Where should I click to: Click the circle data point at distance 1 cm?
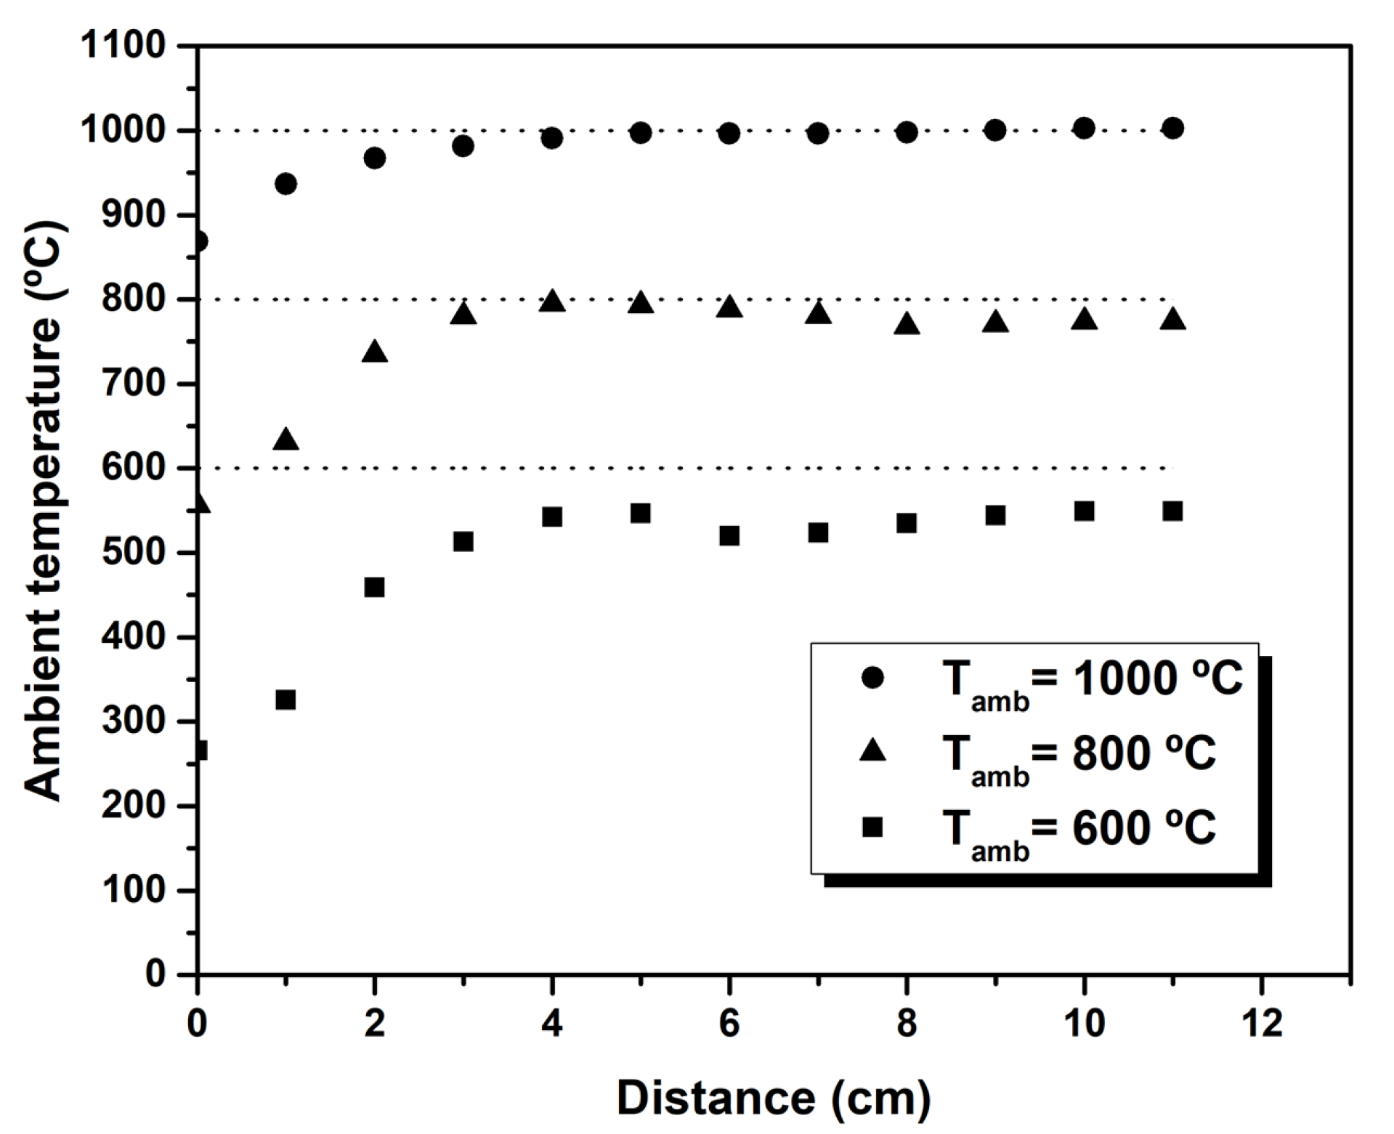click(x=285, y=184)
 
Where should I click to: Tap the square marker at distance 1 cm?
click(x=285, y=700)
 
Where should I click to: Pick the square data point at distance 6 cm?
click(x=729, y=536)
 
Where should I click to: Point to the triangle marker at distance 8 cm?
click(x=907, y=325)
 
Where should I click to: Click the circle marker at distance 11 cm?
click(x=1172, y=129)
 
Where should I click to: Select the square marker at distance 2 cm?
click(x=374, y=587)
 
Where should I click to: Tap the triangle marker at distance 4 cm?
click(x=552, y=301)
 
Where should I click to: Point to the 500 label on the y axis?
click(x=134, y=553)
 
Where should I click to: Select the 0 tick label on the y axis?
click(x=155, y=974)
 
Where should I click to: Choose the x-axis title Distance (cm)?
click(x=774, y=1097)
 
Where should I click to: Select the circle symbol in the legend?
click(x=872, y=678)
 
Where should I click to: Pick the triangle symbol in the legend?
click(x=872, y=752)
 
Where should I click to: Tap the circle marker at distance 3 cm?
click(x=463, y=146)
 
